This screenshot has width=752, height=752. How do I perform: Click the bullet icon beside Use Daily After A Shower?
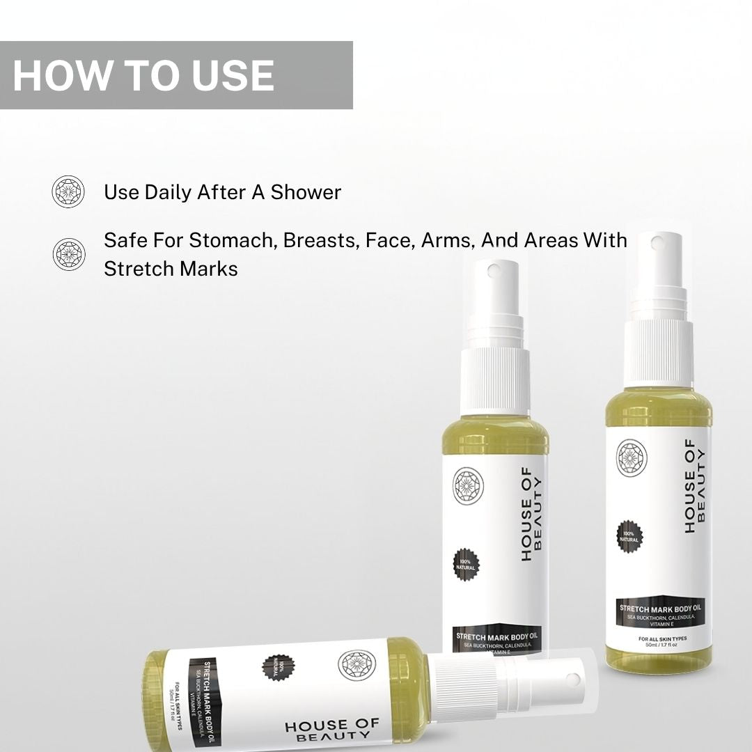(x=68, y=191)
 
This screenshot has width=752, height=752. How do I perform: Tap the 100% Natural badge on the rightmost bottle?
(x=630, y=536)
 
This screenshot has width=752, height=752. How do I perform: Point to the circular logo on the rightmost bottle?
(x=632, y=457)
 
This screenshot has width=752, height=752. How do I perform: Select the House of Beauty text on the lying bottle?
(x=332, y=730)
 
